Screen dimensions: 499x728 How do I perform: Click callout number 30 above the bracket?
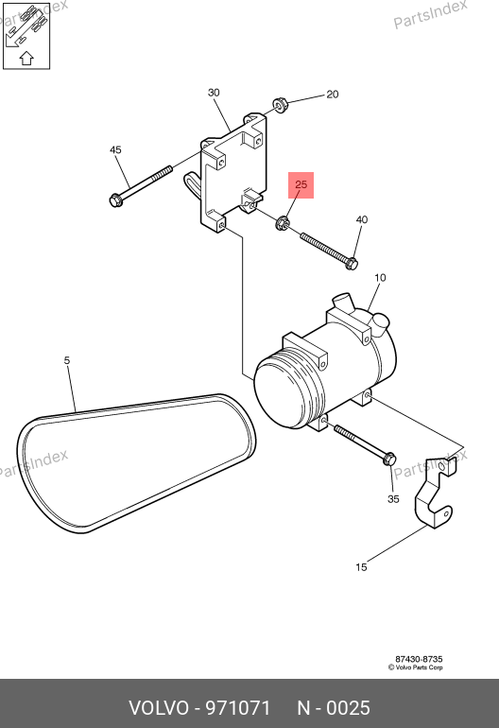tap(214, 93)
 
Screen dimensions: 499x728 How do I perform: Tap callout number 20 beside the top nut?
tap(333, 95)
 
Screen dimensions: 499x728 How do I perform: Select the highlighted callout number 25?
tap(301, 184)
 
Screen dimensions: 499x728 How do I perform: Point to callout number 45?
tap(115, 149)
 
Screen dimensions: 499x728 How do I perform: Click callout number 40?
tap(362, 219)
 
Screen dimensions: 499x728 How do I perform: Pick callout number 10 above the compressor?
tap(380, 278)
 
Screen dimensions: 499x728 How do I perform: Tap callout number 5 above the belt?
tap(67, 360)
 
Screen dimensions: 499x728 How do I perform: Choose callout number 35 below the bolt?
tap(393, 499)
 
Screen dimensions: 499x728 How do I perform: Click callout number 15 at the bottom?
tap(361, 567)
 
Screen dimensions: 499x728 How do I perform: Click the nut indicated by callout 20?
tap(280, 105)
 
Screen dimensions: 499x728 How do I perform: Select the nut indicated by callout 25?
tap(283, 223)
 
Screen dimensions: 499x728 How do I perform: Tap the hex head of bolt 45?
tap(115, 200)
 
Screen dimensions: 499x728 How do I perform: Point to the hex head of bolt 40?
tap(352, 264)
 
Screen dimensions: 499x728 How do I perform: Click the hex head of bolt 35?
tap(389, 459)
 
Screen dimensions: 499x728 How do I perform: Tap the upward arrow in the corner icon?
tap(26, 58)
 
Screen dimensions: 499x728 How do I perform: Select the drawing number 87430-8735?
tap(419, 659)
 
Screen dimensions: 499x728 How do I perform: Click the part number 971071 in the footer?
tap(237, 708)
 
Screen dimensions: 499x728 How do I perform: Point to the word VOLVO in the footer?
tap(158, 708)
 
